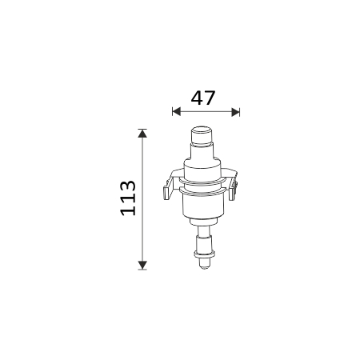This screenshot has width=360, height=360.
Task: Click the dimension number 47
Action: (x=203, y=98)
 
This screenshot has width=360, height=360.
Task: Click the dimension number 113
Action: (x=128, y=198)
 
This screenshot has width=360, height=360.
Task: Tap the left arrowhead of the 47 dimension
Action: (x=177, y=112)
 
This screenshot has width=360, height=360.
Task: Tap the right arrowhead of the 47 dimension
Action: (x=235, y=112)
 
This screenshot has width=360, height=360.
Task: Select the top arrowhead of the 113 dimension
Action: (x=142, y=133)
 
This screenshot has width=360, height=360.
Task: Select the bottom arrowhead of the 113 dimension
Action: (x=142, y=266)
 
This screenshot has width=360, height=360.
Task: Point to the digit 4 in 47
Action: (x=197, y=98)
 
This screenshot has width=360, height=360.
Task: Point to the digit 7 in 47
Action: (x=210, y=98)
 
